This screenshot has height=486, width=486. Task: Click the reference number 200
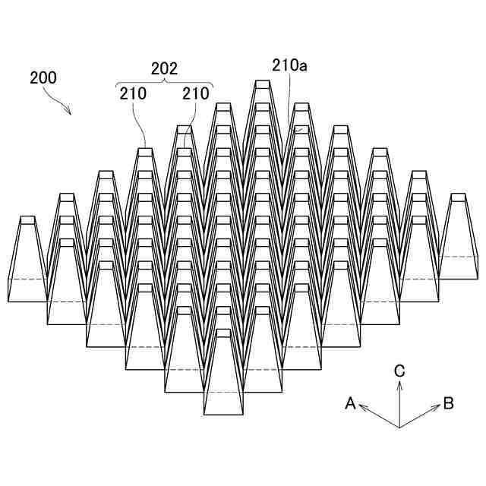(43, 77)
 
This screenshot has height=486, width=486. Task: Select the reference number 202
(164, 68)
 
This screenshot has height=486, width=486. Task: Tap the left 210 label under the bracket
(133, 94)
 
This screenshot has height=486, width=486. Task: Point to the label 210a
(289, 66)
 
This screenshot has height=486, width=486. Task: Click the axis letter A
(350, 403)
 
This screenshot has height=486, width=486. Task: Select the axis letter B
(448, 403)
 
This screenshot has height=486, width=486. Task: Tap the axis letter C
(399, 371)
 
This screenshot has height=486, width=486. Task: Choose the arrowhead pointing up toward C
(399, 384)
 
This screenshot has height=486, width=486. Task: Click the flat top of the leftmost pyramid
(27, 220)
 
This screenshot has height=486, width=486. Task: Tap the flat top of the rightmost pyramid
(457, 197)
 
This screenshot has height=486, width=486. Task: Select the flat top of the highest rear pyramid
(262, 84)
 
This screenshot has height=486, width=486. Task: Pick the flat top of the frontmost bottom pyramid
(223, 333)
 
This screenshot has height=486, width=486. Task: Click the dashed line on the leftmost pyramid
(27, 279)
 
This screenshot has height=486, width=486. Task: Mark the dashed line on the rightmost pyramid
(458, 257)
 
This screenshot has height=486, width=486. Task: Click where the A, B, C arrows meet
(399, 428)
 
